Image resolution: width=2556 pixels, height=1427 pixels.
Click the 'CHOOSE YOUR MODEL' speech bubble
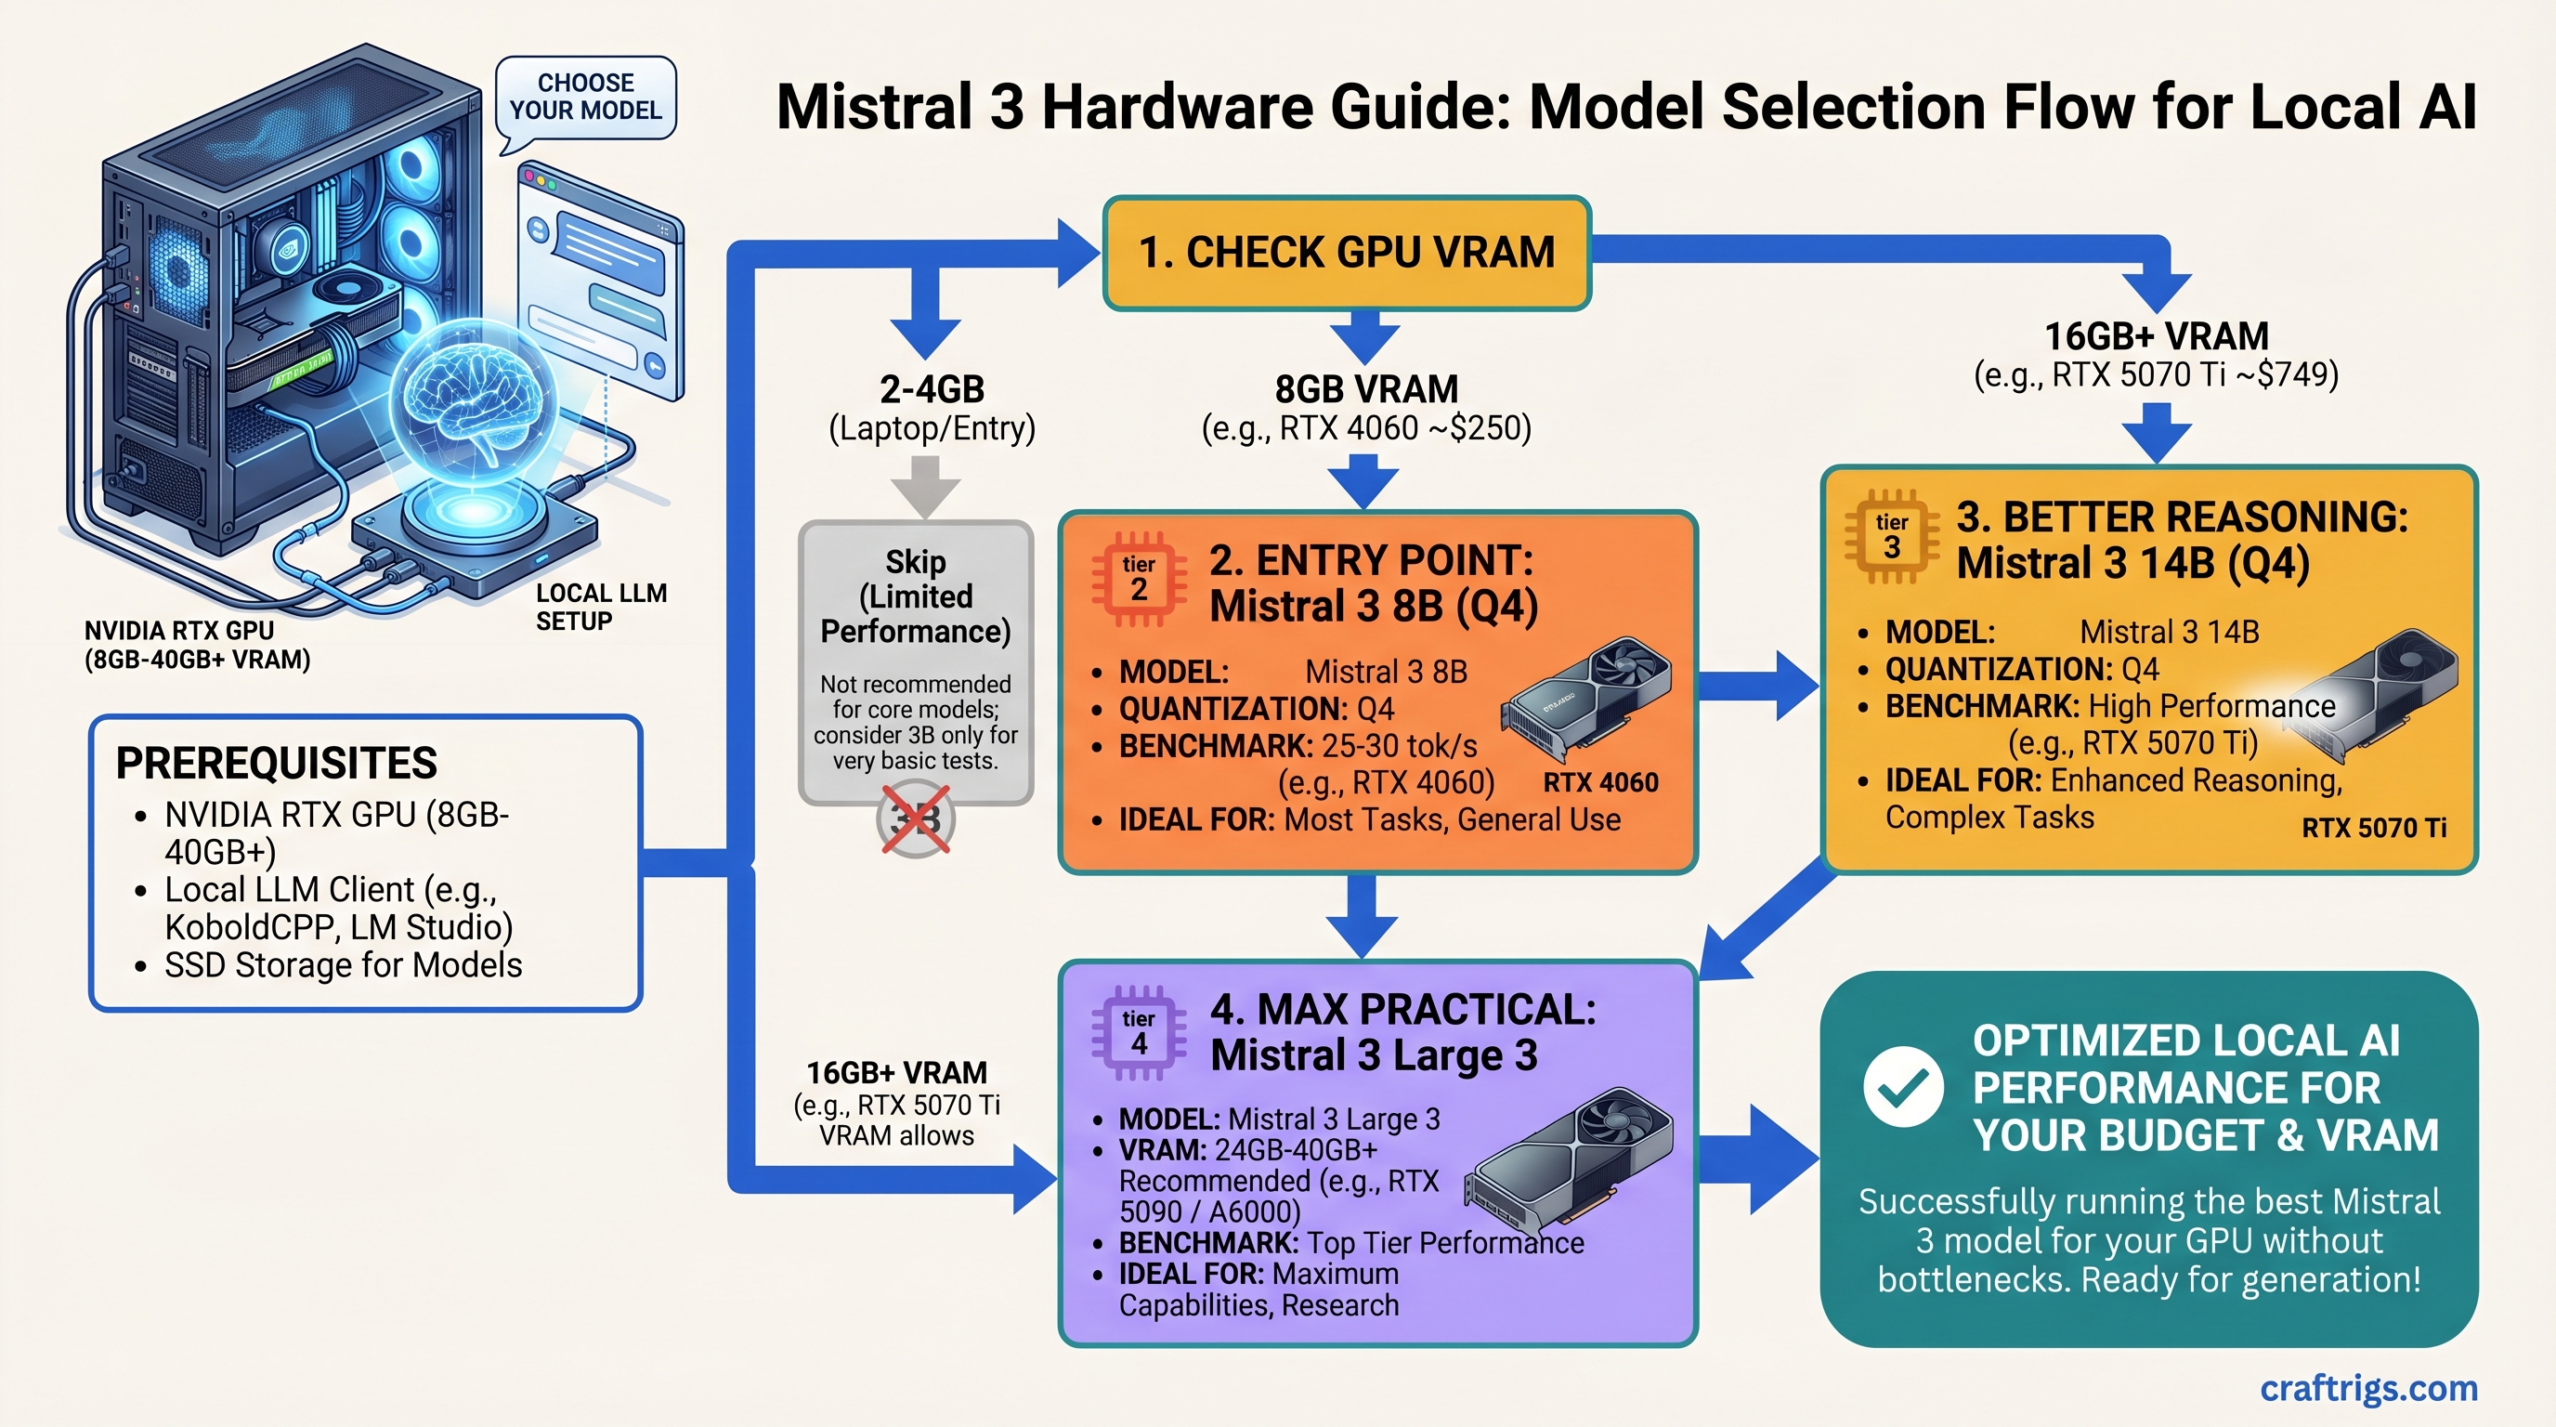pos(585,98)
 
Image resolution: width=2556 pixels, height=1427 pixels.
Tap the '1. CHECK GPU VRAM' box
pos(1347,252)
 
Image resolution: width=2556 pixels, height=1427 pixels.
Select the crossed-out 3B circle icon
pos(915,819)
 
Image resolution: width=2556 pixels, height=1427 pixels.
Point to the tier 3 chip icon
pos(1890,536)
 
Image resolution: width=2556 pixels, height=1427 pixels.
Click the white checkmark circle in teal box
pos(1902,1087)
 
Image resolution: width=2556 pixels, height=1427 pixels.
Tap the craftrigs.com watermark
pos(2367,1387)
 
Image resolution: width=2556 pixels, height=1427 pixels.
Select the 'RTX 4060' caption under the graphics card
pos(1599,783)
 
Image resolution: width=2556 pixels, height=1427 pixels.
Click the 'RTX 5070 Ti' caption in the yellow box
pos(2373,828)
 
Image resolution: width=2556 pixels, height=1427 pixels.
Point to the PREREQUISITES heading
pos(276,763)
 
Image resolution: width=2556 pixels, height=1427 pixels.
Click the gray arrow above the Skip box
pos(925,486)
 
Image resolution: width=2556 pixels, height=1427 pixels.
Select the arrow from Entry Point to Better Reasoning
pos(1761,686)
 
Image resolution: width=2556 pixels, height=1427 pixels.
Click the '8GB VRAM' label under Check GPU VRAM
pos(1365,389)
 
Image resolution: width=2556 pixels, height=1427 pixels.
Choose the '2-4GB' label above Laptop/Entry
pos(931,389)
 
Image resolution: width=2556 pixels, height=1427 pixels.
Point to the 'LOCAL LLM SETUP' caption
pos(600,607)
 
